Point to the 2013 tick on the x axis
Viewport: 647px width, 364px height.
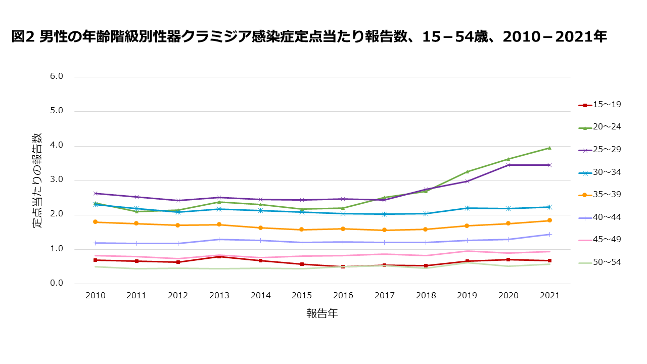pyautogui.click(x=219, y=296)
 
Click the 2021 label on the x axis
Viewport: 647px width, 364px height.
pyautogui.click(x=549, y=296)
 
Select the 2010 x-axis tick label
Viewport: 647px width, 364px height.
pyautogui.click(x=95, y=296)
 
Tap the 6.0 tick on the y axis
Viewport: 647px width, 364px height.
pyautogui.click(x=57, y=77)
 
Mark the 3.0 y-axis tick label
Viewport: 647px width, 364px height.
pyautogui.click(x=57, y=180)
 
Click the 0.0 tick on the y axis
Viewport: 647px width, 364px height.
pyautogui.click(x=57, y=284)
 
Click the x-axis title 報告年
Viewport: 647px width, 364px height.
pyautogui.click(x=322, y=314)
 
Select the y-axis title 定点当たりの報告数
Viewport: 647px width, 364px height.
pyautogui.click(x=38, y=180)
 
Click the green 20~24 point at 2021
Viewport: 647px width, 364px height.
pyautogui.click(x=549, y=148)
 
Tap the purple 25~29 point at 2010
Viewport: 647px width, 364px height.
pyautogui.click(x=95, y=193)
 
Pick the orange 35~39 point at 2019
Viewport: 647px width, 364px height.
pyautogui.click(x=467, y=225)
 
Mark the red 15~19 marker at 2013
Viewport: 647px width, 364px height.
pyautogui.click(x=219, y=257)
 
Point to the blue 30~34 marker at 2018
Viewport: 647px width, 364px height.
pyautogui.click(x=426, y=213)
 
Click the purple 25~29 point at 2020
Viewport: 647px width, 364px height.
pyautogui.click(x=508, y=165)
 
